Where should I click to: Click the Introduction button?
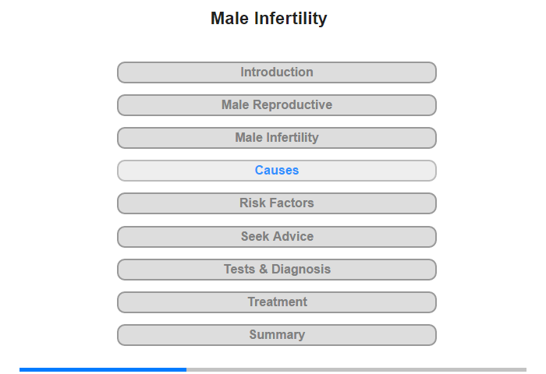click(276, 72)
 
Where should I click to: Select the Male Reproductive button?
click(276, 105)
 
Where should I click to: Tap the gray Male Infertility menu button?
click(276, 138)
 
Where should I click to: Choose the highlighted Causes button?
click(276, 171)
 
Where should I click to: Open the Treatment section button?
click(276, 302)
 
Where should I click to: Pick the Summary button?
click(276, 335)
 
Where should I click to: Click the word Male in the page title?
click(230, 19)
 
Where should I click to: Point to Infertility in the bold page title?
click(290, 19)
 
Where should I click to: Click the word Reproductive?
click(292, 105)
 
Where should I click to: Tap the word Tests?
click(239, 269)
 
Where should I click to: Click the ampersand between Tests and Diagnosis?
click(264, 269)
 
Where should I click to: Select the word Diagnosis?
click(301, 270)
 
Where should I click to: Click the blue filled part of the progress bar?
click(103, 369)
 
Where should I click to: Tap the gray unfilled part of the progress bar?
click(356, 369)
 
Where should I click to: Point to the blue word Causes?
click(276, 170)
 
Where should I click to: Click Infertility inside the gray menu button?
click(292, 138)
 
